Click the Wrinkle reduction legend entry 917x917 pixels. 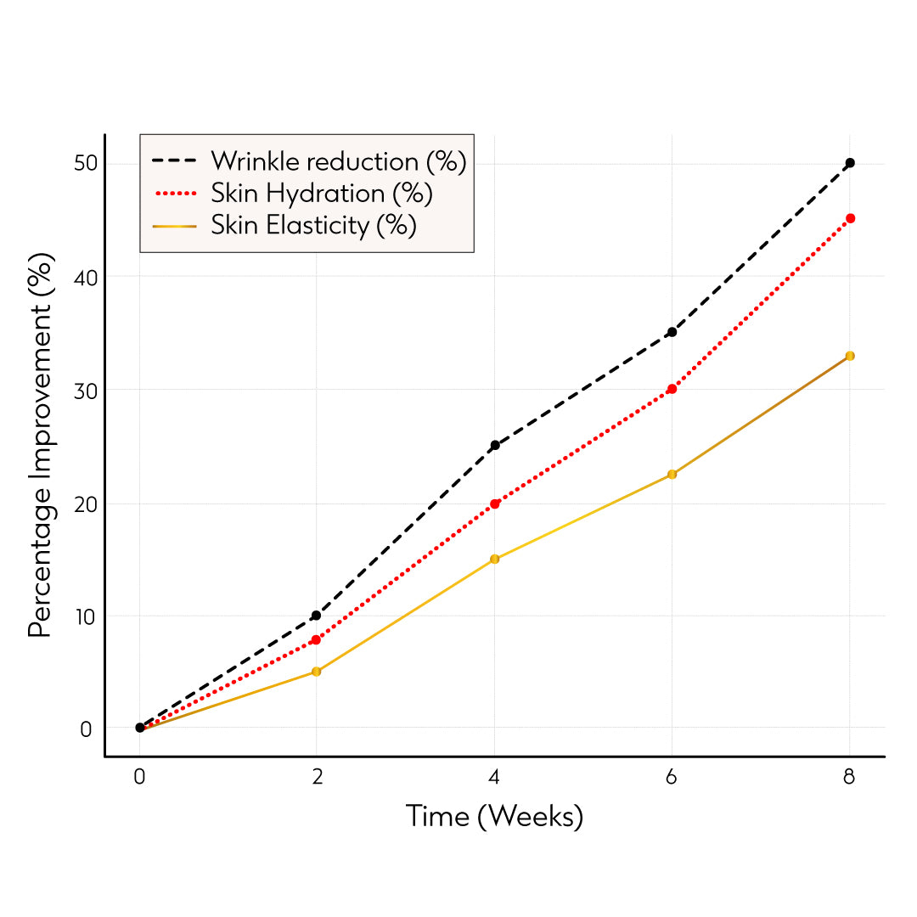point(339,160)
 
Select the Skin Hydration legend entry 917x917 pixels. point(322,194)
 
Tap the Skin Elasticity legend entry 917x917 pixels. point(313,226)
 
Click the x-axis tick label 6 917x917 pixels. point(672,778)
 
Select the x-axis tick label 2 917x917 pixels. point(317,778)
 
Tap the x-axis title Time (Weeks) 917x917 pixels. point(494,817)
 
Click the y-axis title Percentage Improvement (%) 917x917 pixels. point(41,445)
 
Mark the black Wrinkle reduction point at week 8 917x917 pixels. point(850,162)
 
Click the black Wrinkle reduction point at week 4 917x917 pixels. point(495,445)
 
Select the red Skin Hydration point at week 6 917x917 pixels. point(672,389)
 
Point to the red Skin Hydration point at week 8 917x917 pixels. point(850,218)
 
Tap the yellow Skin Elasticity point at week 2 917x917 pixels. point(317,672)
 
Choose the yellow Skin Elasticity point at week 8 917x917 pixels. point(850,356)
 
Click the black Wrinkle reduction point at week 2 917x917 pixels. point(317,616)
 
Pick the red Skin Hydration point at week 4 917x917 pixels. point(495,504)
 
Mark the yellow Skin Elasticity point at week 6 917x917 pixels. point(672,474)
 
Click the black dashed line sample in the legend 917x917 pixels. point(174,160)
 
